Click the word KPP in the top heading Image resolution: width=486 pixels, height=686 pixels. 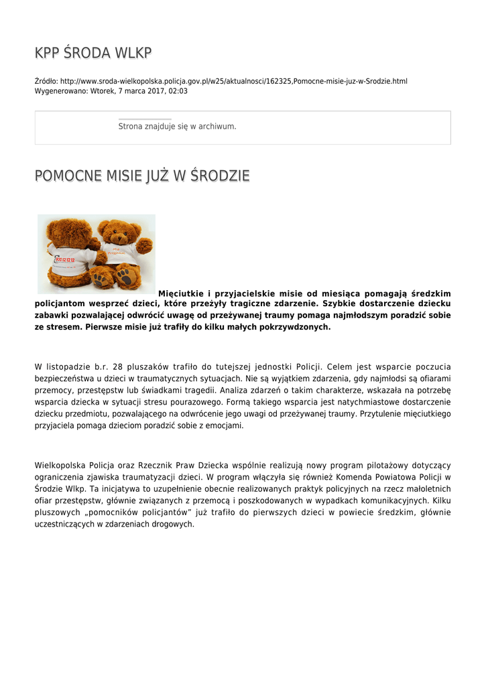(48, 53)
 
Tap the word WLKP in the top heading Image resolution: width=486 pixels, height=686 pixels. (134, 53)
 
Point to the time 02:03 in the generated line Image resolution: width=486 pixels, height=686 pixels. (178, 91)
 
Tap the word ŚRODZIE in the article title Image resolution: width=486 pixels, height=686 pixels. (219, 176)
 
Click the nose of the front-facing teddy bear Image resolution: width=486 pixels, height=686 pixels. (121, 238)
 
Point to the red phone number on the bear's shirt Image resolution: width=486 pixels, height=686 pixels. (64, 259)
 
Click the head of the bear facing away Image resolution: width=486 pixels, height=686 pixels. (67, 230)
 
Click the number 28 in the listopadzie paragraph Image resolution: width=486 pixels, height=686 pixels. (118, 366)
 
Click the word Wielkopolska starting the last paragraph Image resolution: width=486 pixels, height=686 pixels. (60, 465)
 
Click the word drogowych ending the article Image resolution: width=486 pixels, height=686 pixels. (171, 524)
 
